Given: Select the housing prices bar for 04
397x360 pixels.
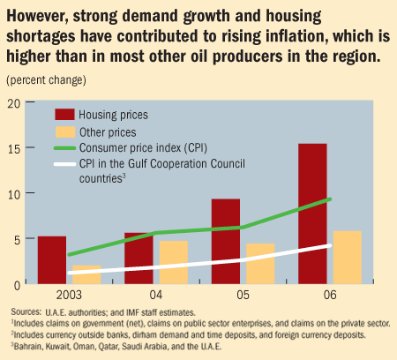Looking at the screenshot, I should (139, 258).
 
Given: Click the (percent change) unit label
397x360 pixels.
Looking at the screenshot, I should (47, 79).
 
